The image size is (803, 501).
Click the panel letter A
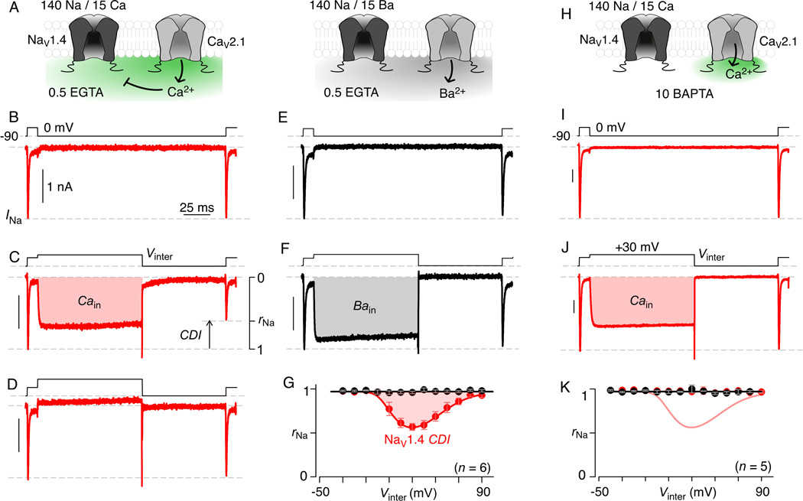[x=9, y=8]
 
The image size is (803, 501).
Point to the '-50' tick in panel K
[x=599, y=493]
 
